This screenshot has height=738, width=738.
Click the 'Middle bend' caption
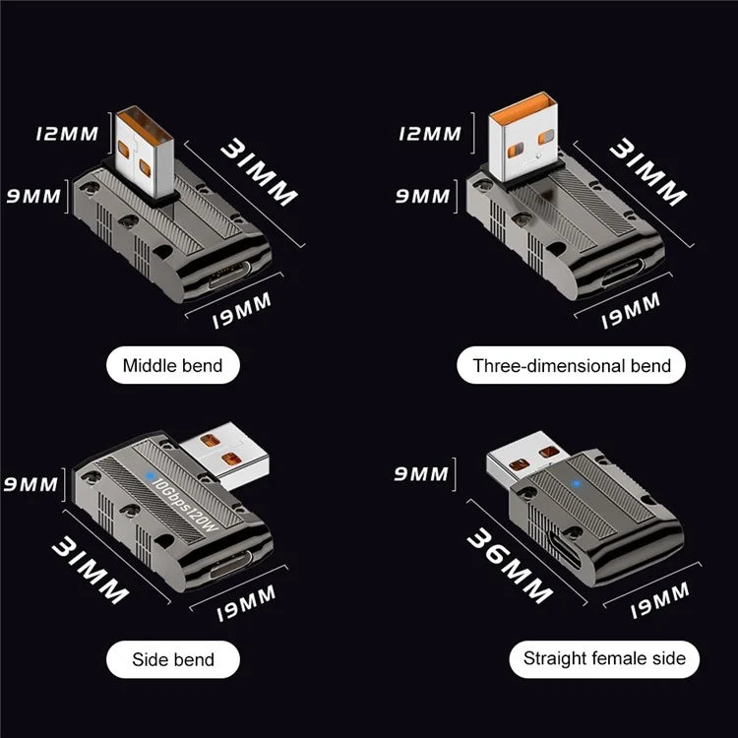coord(172,366)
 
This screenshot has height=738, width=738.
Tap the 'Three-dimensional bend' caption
coord(572,366)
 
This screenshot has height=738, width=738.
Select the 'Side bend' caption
coord(172,659)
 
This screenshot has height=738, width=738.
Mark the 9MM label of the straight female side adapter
coord(420,475)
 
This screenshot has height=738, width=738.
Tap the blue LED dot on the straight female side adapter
coord(576,484)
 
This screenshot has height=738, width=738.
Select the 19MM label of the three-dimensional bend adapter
coord(630,309)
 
